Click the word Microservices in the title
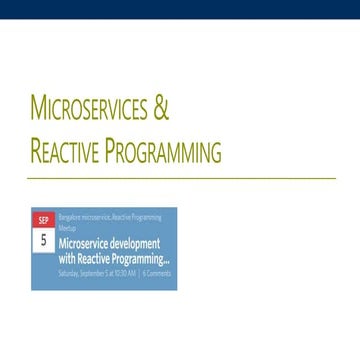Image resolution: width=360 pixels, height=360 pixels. tap(91, 107)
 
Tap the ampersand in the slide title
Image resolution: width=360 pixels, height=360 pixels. tap(162, 107)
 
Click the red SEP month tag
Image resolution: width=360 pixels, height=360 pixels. tap(43, 220)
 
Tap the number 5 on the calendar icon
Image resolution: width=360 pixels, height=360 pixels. tap(43, 241)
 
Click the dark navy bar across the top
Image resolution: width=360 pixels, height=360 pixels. tap(180, 9)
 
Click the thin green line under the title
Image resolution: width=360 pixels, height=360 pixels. tap(180, 178)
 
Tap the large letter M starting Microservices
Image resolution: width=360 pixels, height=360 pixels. tap(39, 107)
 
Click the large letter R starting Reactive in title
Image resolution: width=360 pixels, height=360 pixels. tap(37, 152)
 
